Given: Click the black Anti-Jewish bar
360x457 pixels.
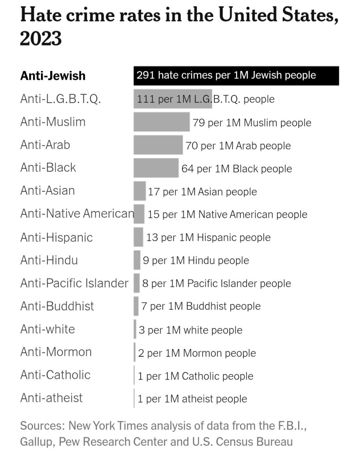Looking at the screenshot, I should pyautogui.click(x=236, y=75).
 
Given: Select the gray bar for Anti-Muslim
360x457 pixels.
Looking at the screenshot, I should pyautogui.click(x=161, y=122).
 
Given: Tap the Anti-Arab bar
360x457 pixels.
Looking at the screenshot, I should pyautogui.click(x=158, y=145).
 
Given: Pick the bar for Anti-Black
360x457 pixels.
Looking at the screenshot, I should pyautogui.click(x=156, y=168).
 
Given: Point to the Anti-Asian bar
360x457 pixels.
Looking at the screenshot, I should pyautogui.click(x=140, y=191).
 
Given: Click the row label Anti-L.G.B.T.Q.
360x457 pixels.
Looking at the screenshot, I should pyautogui.click(x=61, y=99).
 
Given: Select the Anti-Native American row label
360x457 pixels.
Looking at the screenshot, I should pyautogui.click(x=77, y=214).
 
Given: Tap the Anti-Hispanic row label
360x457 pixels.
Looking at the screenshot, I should pyautogui.click(x=56, y=237).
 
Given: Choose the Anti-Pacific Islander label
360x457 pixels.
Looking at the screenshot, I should pyautogui.click(x=74, y=283).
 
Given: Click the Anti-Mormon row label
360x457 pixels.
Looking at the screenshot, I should pyautogui.click(x=56, y=352).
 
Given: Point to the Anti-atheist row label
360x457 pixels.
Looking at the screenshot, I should pyautogui.click(x=51, y=398).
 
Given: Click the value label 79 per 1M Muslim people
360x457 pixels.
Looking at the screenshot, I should pyautogui.click(x=252, y=122).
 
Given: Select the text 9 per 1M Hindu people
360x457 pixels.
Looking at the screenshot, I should pyautogui.click(x=196, y=260).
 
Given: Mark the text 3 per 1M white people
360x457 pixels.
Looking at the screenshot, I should pyautogui.click(x=190, y=330).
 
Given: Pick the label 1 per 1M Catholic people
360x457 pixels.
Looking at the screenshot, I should pyautogui.click(x=195, y=376).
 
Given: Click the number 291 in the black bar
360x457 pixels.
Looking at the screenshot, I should pyautogui.click(x=146, y=75).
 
